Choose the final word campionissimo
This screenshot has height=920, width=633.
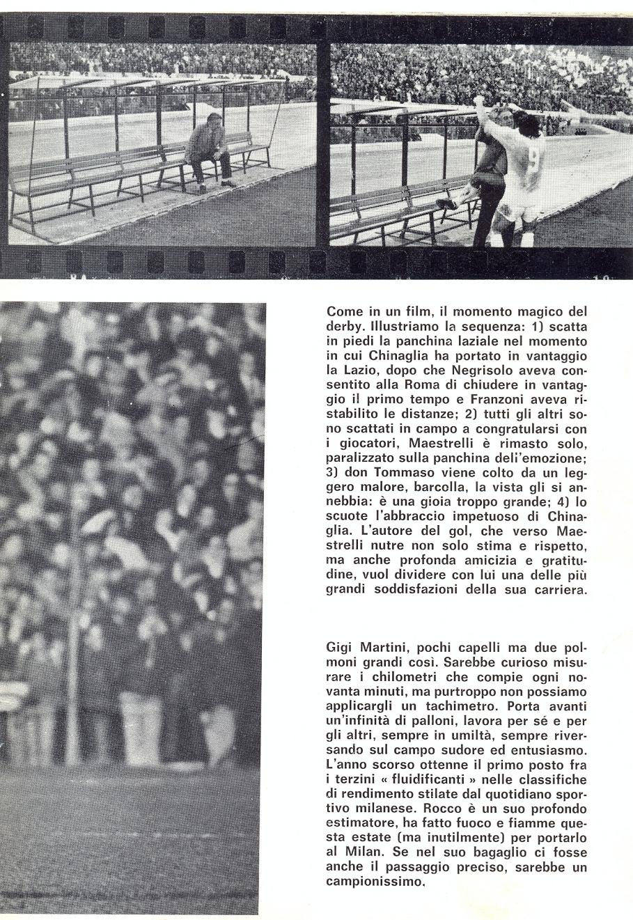[375, 881]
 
